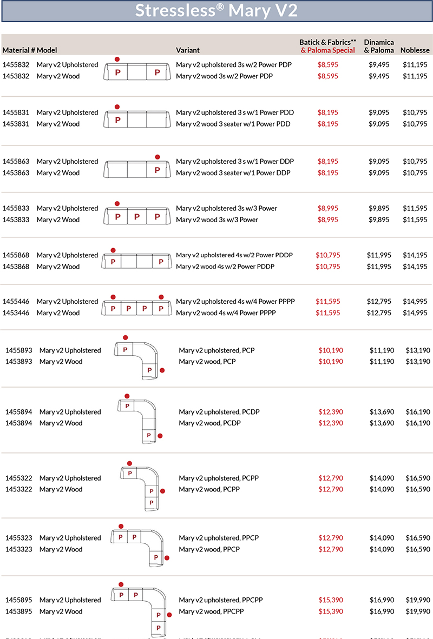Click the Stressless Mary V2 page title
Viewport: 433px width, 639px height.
(x=216, y=11)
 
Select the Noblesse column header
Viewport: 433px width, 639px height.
(x=415, y=50)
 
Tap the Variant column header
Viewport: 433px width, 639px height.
(x=188, y=50)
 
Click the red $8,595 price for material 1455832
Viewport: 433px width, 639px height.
(x=328, y=65)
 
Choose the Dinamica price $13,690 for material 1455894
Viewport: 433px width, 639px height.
(x=382, y=412)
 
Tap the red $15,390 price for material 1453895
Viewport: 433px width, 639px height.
(x=331, y=611)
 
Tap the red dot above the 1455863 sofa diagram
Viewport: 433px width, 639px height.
(x=158, y=157)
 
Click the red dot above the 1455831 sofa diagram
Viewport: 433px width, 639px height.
(x=117, y=107)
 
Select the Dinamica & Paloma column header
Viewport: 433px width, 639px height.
(x=379, y=46)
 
